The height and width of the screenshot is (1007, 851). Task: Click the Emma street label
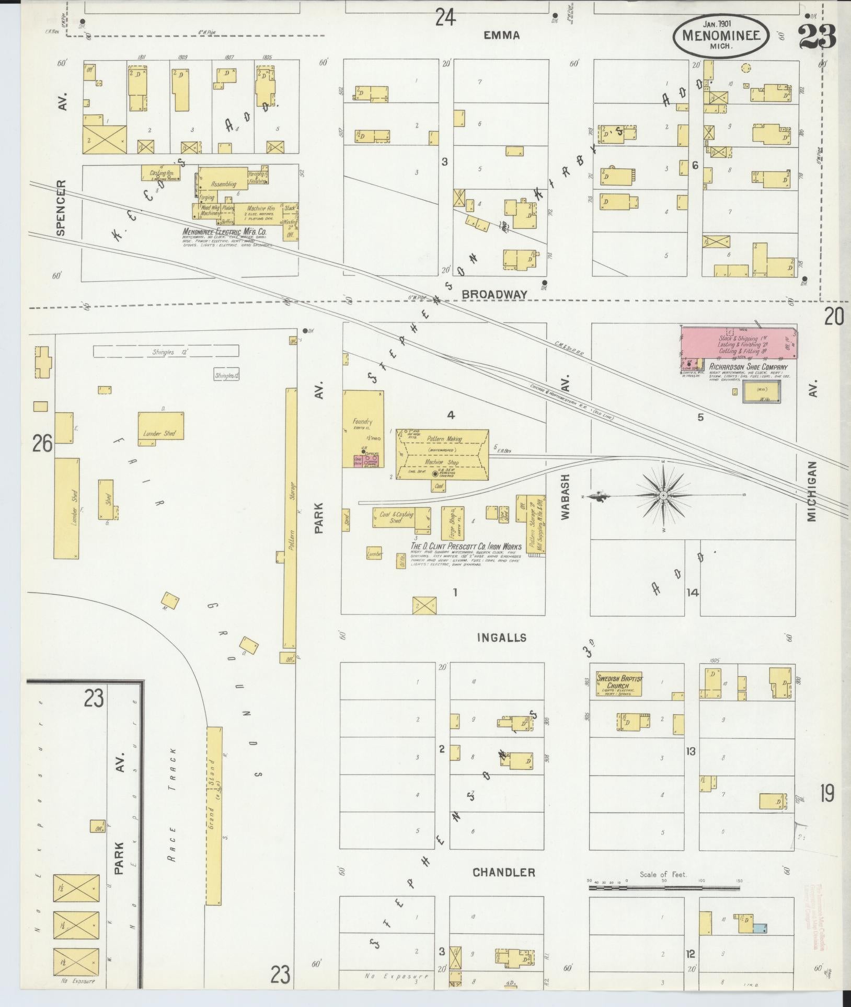pyautogui.click(x=501, y=36)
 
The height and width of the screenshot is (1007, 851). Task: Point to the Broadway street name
pyautogui.click(x=494, y=294)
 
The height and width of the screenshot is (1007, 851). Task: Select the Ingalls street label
pyautogui.click(x=501, y=638)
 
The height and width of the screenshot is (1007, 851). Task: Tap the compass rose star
pyautogui.click(x=663, y=495)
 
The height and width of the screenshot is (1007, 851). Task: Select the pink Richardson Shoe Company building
pyautogui.click(x=738, y=343)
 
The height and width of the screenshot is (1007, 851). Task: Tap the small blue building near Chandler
pyautogui.click(x=760, y=928)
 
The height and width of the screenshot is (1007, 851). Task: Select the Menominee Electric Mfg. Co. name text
pyautogui.click(x=224, y=232)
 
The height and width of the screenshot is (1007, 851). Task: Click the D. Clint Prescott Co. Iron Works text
pyautogui.click(x=466, y=546)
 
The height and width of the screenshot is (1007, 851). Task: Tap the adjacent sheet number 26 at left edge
pyautogui.click(x=42, y=444)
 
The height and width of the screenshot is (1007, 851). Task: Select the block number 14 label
pyautogui.click(x=692, y=593)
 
